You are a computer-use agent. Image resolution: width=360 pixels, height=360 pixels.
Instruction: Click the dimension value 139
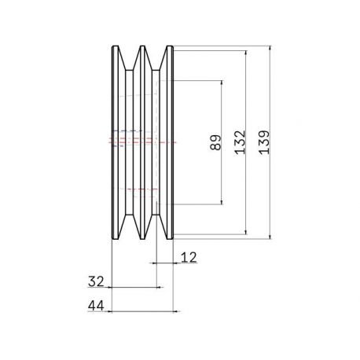click(x=264, y=142)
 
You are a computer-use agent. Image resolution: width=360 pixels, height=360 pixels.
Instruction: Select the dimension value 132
click(x=240, y=142)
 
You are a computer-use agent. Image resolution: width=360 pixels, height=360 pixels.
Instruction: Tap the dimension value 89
click(x=215, y=142)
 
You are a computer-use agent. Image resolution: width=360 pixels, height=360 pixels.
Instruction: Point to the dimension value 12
click(x=189, y=257)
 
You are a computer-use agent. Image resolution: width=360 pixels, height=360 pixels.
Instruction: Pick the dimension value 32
click(x=96, y=281)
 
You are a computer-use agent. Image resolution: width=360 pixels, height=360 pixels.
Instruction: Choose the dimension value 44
click(x=96, y=306)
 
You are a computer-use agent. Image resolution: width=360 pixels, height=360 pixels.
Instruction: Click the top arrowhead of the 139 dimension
click(x=270, y=49)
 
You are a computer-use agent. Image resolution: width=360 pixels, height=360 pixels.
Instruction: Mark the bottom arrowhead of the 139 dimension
click(x=270, y=237)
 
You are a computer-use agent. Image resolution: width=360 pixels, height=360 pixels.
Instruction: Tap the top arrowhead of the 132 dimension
click(x=246, y=53)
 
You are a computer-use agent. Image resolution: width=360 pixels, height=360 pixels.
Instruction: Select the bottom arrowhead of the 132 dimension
click(x=246, y=232)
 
